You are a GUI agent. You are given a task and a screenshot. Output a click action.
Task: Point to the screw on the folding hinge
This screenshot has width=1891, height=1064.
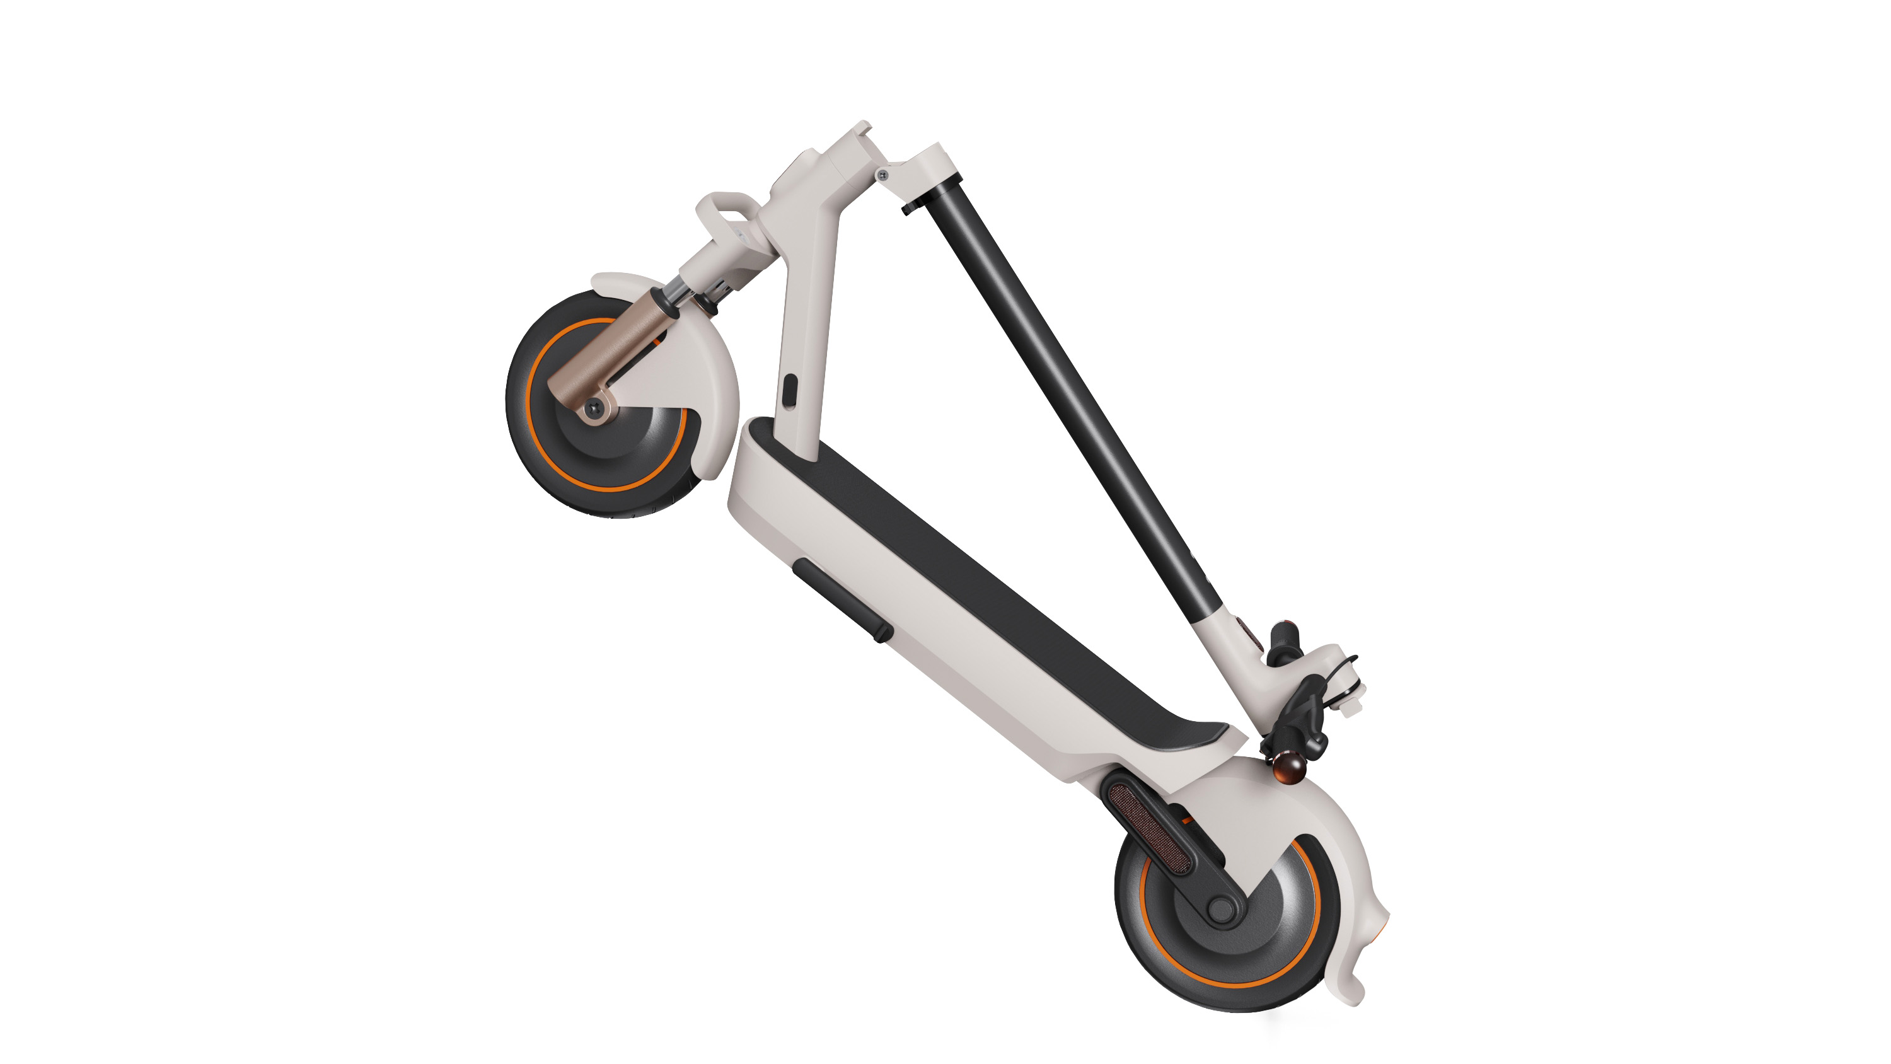883,175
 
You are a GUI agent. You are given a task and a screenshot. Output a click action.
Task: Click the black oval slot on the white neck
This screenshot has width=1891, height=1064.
789,390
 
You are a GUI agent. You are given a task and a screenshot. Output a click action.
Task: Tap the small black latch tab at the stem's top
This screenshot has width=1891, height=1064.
910,209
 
